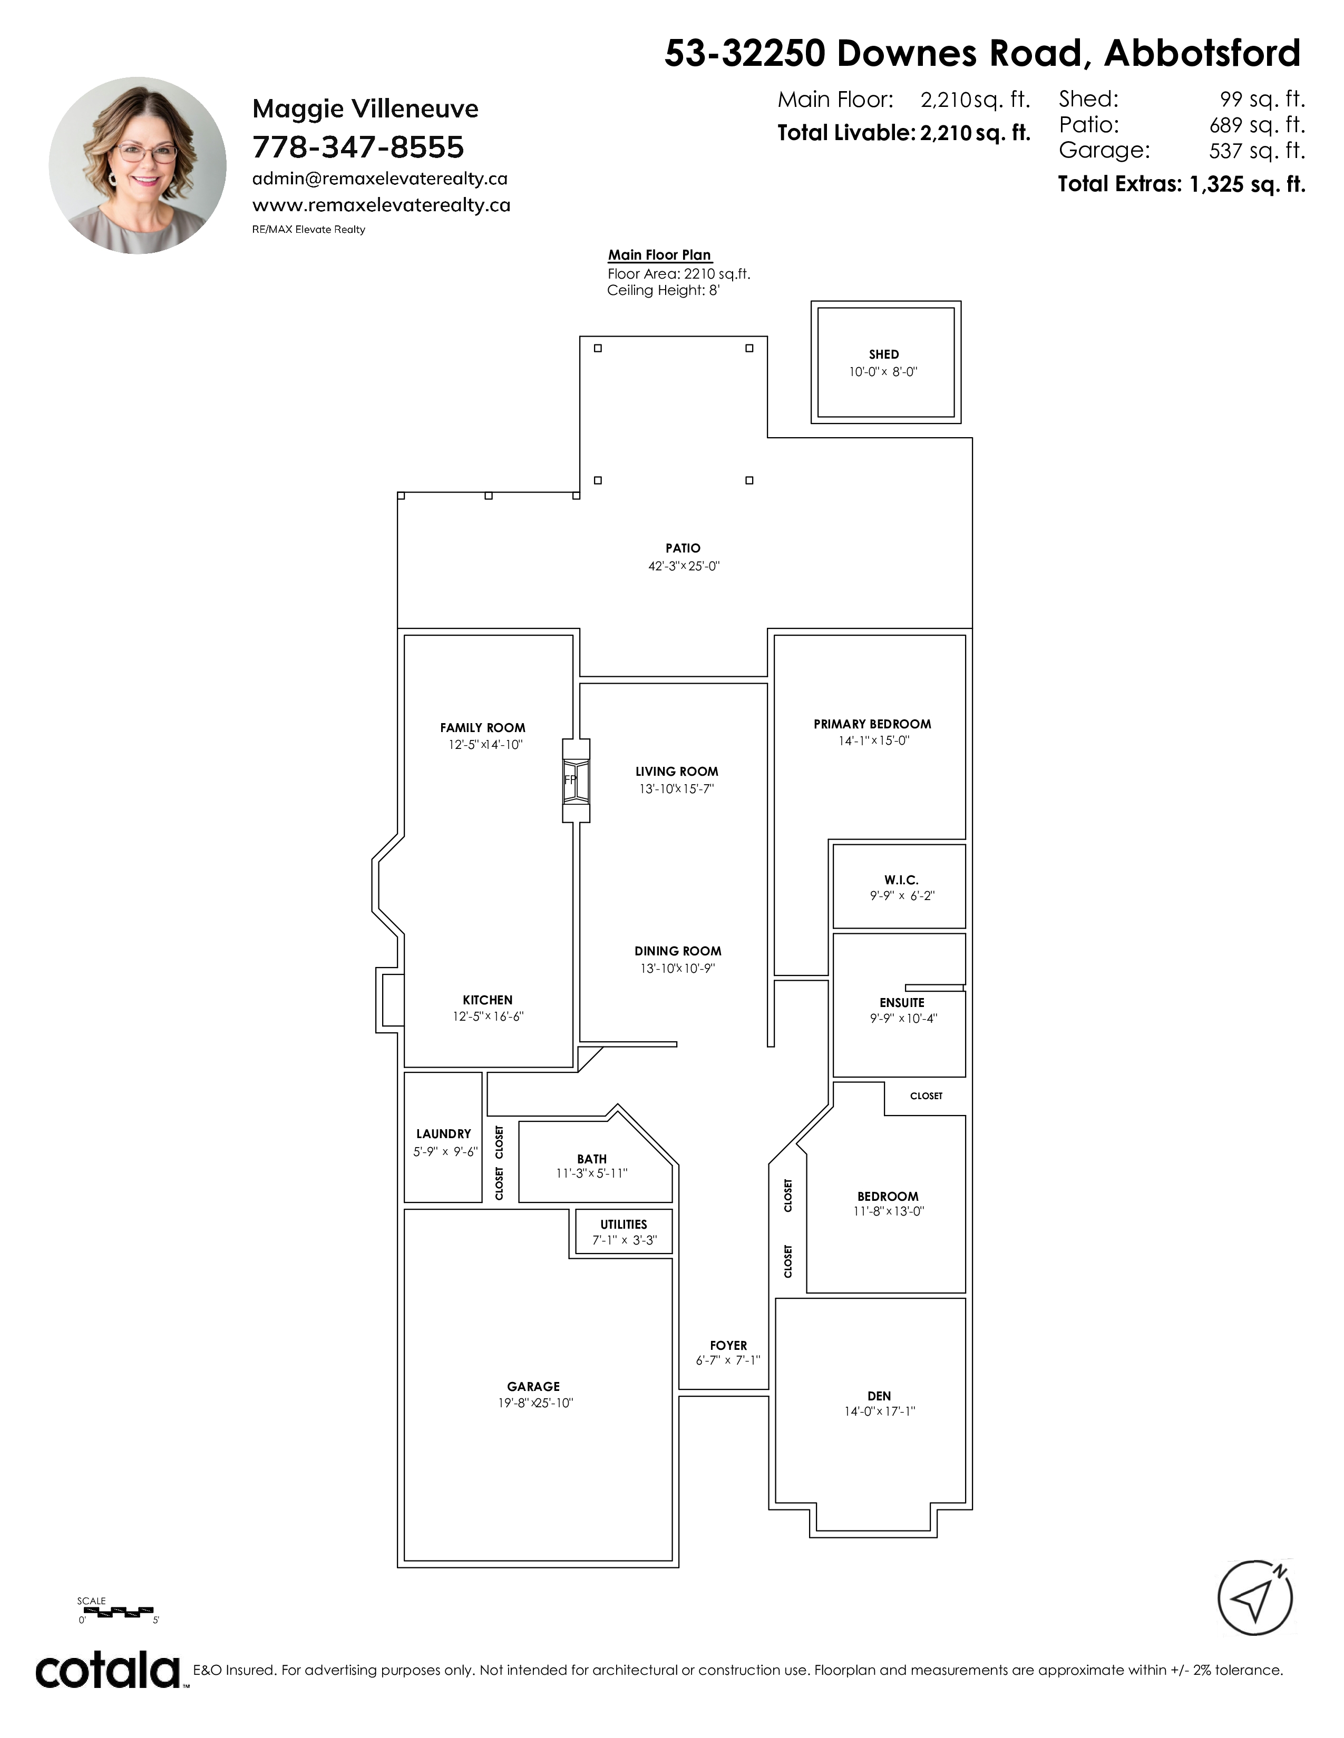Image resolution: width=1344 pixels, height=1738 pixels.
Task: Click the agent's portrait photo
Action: (x=138, y=165)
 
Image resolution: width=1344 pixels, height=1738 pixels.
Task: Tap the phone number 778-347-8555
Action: (x=358, y=147)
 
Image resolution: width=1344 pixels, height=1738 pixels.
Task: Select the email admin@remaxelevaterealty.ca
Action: (x=380, y=179)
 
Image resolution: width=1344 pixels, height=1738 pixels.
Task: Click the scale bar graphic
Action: (x=119, y=1612)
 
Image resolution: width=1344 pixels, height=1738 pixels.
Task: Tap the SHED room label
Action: (x=884, y=354)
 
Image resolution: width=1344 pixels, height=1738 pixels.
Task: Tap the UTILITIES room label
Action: (x=624, y=1224)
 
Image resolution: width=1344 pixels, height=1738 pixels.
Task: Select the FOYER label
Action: (x=728, y=1346)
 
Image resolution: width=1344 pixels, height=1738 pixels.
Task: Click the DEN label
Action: (x=879, y=1396)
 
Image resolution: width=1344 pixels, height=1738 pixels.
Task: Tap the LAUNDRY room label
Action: (x=443, y=1134)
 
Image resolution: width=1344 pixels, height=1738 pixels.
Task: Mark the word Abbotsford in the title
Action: (x=1202, y=54)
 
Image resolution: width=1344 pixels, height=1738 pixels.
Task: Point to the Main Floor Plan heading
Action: (x=660, y=255)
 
